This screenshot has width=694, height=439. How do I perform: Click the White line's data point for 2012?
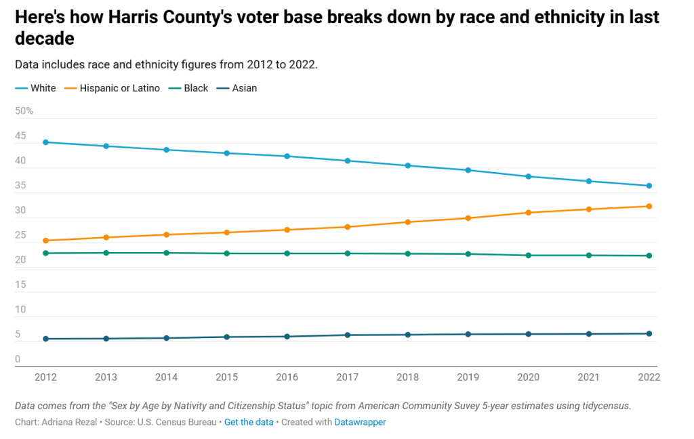pos(45,142)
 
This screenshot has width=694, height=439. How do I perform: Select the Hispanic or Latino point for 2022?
pos(649,206)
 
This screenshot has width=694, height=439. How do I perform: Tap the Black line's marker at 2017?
pos(347,253)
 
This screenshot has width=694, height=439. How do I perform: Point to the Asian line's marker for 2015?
pos(226,337)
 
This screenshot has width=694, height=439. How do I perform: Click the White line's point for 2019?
pos(468,170)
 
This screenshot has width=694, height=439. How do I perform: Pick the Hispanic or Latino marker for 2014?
pos(166,234)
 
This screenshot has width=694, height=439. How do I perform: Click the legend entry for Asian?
pos(244,88)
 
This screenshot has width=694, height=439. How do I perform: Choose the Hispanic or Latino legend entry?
pos(119,88)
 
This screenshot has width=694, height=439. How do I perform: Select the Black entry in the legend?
pos(196,88)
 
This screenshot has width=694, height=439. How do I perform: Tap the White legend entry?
pos(43,88)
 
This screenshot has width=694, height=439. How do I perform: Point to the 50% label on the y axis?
pos(24,111)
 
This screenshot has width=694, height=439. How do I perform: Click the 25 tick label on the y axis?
pos(20,235)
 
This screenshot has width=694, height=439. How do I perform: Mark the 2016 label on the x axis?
pos(287,377)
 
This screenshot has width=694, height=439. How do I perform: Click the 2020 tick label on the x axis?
pos(528,377)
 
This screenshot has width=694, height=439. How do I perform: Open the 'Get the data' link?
pos(249,422)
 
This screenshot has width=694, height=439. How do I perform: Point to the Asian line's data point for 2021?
pos(588,334)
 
